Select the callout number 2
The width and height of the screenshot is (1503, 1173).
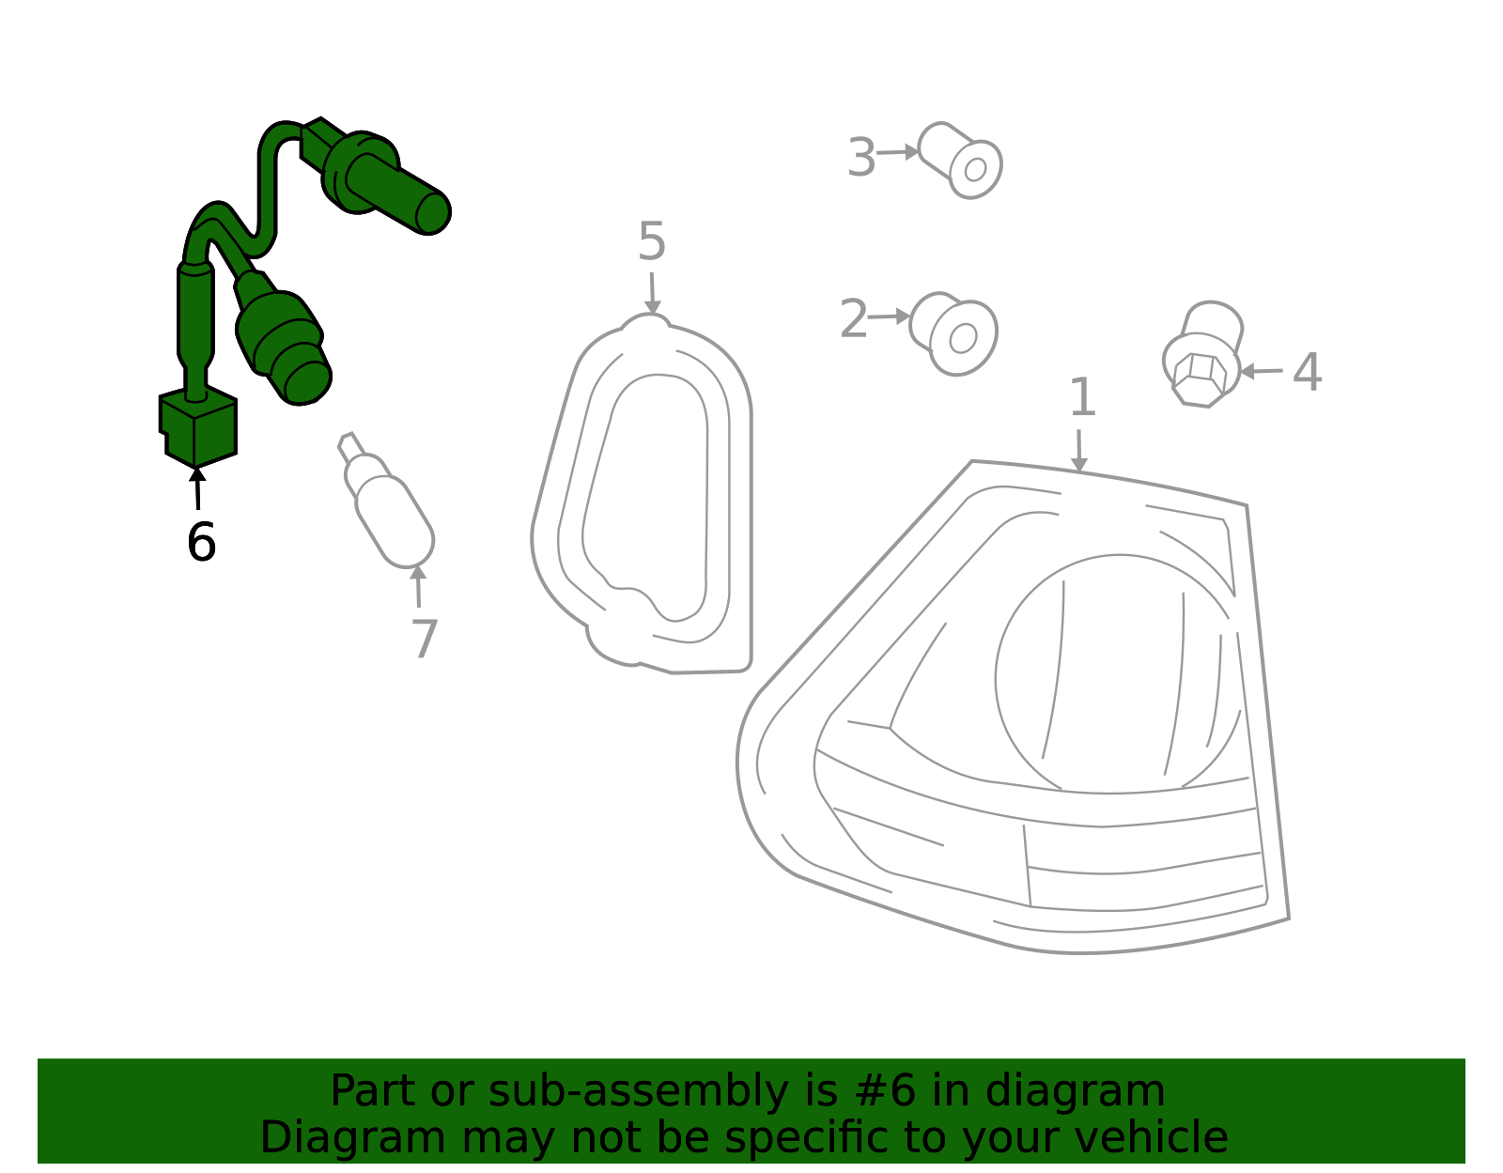[853, 318]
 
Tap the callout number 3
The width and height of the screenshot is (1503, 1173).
[861, 157]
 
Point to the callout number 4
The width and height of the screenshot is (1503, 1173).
[1307, 372]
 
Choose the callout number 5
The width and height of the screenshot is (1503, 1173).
[652, 241]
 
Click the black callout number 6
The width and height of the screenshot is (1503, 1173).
[201, 541]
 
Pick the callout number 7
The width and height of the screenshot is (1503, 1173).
[424, 638]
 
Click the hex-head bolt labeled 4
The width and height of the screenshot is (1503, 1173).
[1202, 354]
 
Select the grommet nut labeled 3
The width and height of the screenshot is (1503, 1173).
[960, 161]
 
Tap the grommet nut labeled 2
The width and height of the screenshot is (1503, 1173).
[953, 333]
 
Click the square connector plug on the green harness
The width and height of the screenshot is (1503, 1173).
[198, 426]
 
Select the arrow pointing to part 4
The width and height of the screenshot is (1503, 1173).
[1261, 372]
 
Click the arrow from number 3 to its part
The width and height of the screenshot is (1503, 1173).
[898, 152]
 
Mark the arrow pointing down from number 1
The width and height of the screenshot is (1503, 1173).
[1079, 452]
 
